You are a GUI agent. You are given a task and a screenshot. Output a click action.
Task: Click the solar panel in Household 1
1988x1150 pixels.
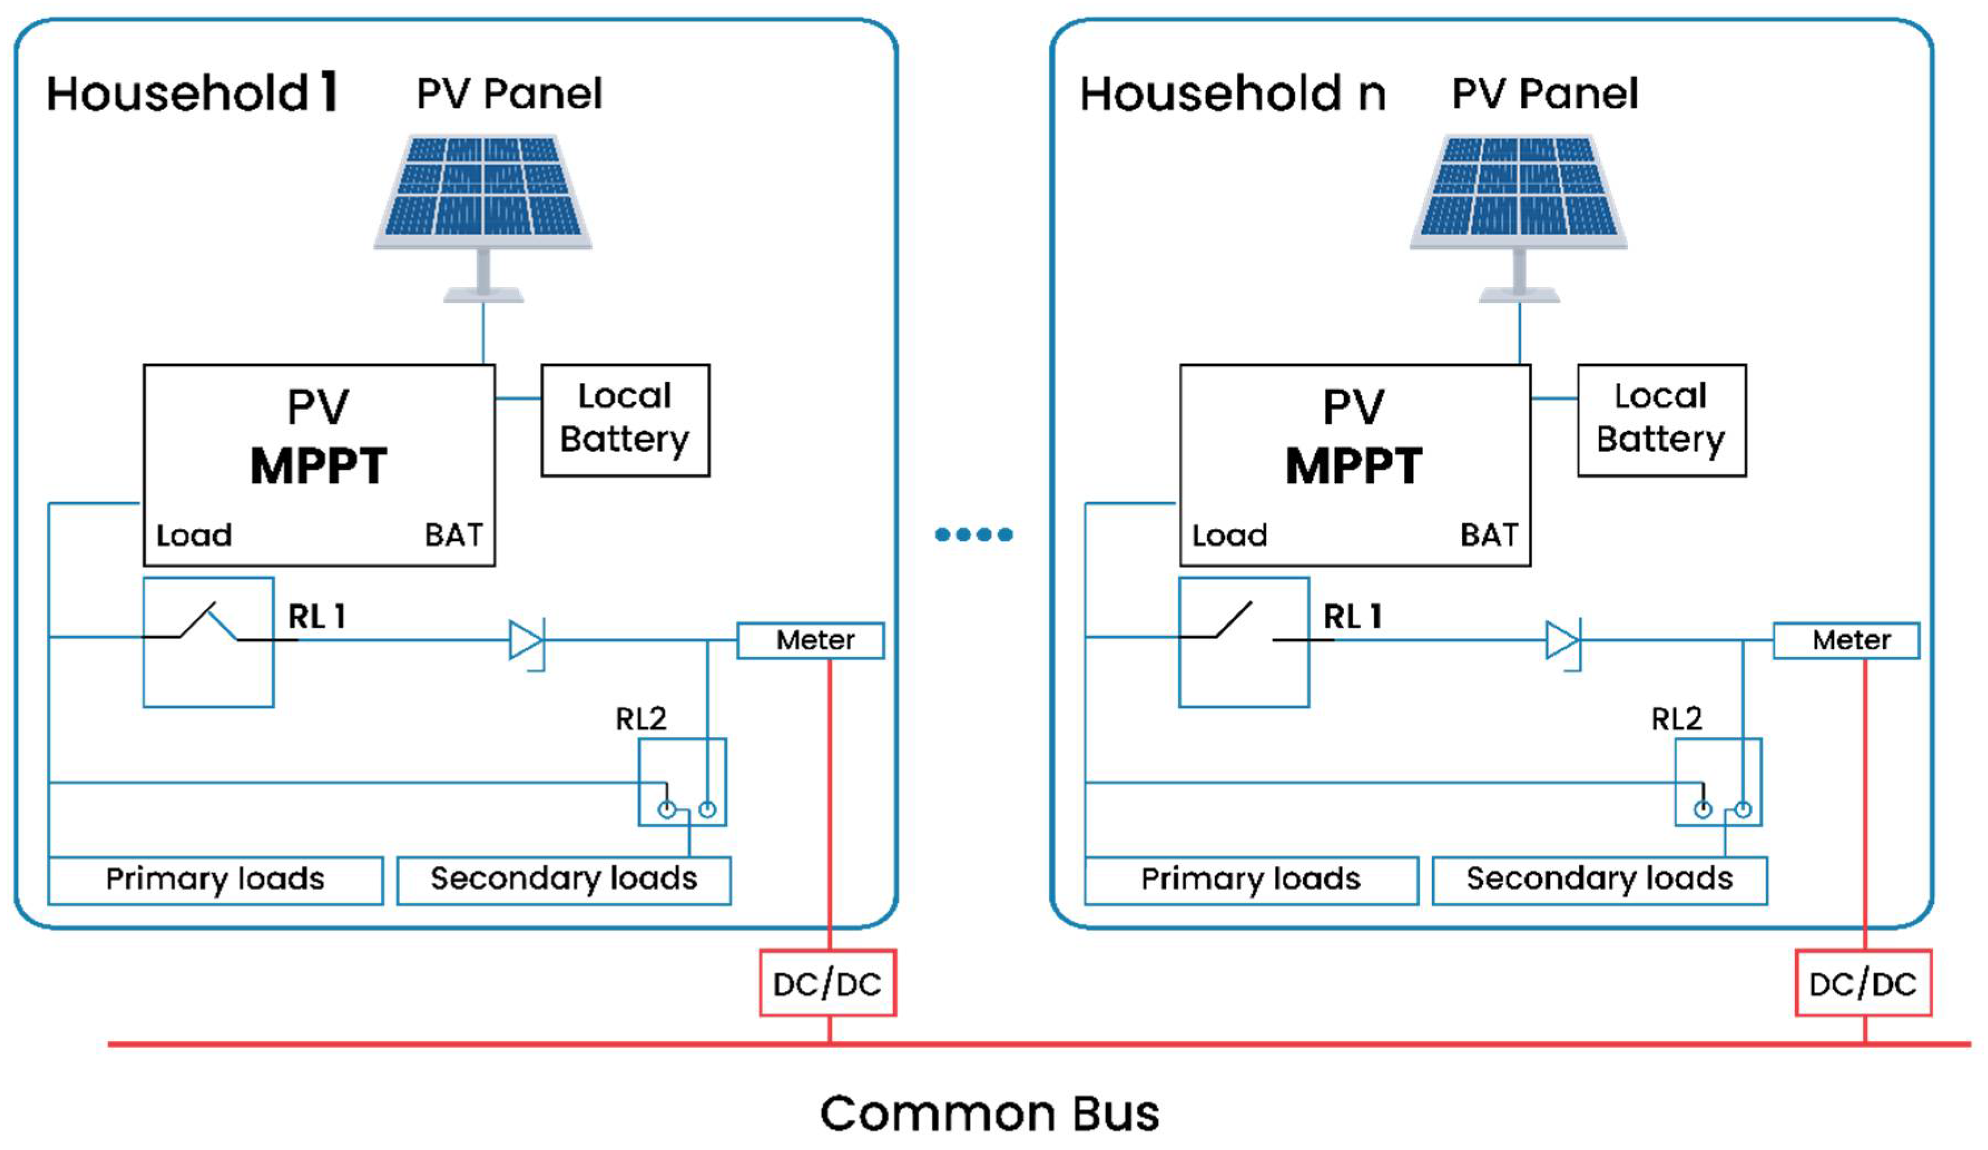click(483, 217)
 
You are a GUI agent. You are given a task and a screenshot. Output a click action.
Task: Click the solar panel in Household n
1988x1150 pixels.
click(1519, 217)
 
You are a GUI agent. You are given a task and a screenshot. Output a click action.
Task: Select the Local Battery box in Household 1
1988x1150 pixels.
click(626, 420)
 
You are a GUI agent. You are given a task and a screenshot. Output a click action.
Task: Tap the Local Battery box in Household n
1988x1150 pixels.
click(1661, 420)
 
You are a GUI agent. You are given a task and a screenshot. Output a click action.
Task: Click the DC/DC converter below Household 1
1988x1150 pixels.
click(828, 983)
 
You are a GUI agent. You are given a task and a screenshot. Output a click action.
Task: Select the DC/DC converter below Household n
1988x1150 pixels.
click(1863, 983)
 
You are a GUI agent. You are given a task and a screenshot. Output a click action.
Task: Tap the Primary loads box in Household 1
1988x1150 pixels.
click(215, 880)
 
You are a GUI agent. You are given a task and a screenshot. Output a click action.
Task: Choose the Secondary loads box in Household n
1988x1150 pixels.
click(1600, 880)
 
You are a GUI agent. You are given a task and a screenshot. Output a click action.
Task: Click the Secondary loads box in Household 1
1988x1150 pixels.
click(564, 880)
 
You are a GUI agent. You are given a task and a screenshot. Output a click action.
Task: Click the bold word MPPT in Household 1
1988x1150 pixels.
click(319, 465)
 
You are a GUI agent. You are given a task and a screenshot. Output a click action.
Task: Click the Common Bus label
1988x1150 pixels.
click(990, 1113)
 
